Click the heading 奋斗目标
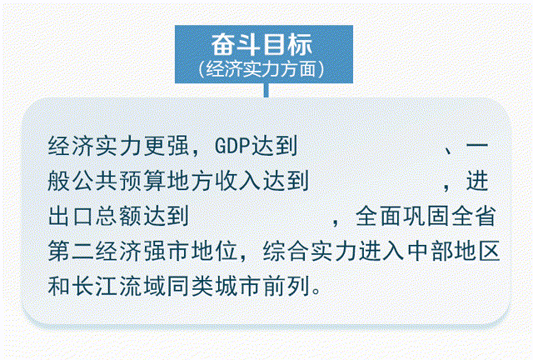[x=266, y=43]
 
